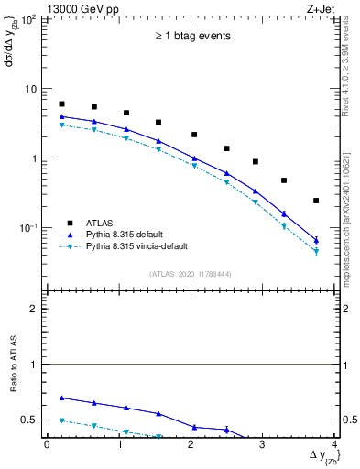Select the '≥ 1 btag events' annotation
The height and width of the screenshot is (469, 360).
tap(191, 37)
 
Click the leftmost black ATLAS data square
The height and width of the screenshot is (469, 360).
tap(61, 104)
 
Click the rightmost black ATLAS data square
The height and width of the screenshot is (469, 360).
tap(316, 201)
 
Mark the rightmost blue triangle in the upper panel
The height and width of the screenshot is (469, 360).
tap(316, 239)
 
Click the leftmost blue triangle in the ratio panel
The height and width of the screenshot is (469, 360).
tap(61, 398)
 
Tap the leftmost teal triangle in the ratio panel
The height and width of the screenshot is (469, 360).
tap(61, 420)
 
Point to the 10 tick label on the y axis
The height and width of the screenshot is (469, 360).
tap(30, 89)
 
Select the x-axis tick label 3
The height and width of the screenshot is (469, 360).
tap(262, 444)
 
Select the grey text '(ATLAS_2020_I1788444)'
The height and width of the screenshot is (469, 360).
tap(191, 273)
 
